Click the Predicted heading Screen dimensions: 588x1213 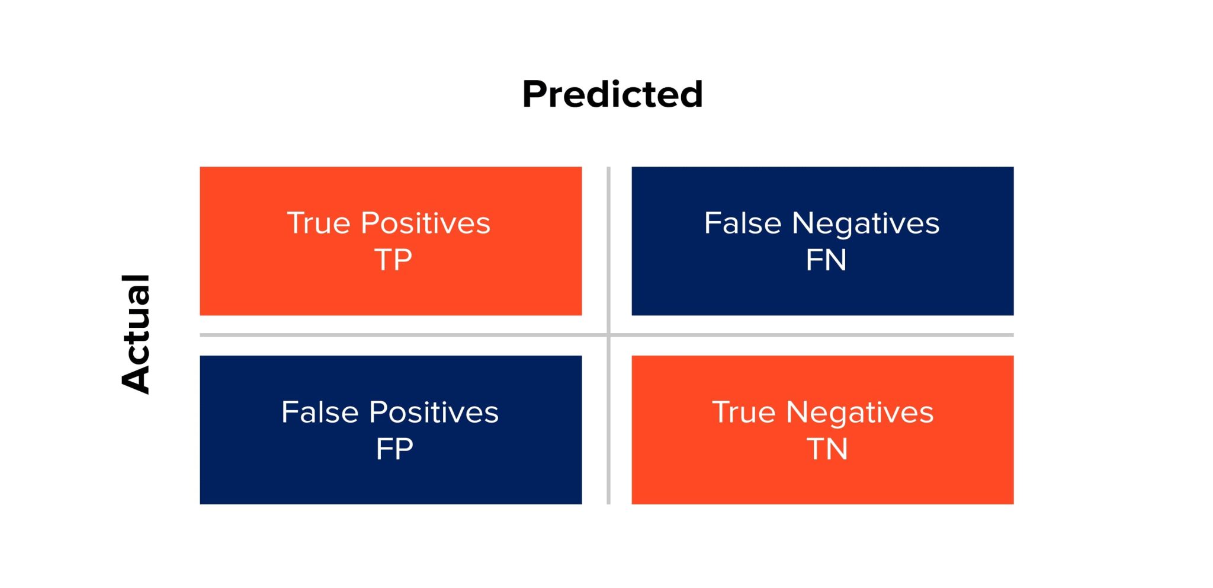point(612,94)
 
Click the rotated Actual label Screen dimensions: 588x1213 point(136,334)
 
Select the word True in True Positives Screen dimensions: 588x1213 point(319,223)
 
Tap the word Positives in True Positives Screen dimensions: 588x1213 point(425,223)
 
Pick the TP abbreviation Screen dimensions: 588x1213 point(393,260)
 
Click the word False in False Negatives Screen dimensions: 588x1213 point(743,223)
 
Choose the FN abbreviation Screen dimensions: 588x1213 point(826,260)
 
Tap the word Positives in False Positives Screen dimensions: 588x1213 point(434,412)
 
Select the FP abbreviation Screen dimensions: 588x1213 point(394,449)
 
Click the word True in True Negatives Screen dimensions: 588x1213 point(743,412)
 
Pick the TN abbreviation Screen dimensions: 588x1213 point(827,449)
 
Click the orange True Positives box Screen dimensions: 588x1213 point(391,290)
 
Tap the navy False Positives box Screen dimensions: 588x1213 point(391,480)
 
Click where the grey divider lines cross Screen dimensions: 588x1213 point(608,335)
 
